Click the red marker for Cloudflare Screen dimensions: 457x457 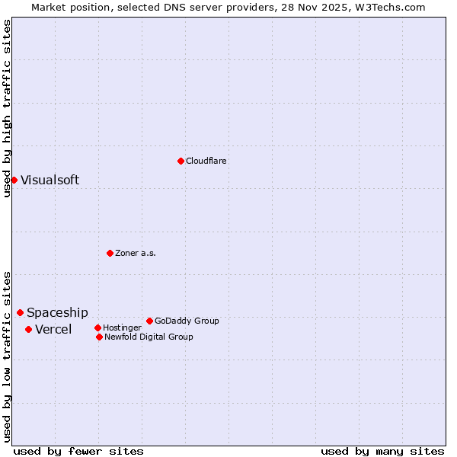pos(181,161)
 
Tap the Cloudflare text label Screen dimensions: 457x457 pos(206,161)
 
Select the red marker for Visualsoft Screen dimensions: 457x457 pos(14,180)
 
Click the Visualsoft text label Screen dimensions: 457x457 pos(50,181)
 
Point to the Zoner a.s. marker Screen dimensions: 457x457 pos(110,253)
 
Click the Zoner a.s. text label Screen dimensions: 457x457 pos(136,253)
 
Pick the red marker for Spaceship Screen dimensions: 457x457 pos(20,312)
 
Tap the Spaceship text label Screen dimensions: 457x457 pos(57,313)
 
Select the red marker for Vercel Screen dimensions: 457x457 pos(28,329)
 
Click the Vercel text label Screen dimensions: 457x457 pos(53,330)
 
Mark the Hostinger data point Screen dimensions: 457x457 pos(97,328)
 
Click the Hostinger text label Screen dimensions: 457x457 pos(122,328)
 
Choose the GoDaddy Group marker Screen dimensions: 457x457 pos(149,321)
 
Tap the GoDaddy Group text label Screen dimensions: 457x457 pos(187,321)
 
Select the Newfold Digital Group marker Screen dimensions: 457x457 pos(99,337)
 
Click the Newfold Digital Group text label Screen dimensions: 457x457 pos(149,337)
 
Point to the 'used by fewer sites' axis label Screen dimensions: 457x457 pos(78,451)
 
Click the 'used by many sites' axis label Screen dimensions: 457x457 pos(382,451)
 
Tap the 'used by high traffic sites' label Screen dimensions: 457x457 pos(7,108)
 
